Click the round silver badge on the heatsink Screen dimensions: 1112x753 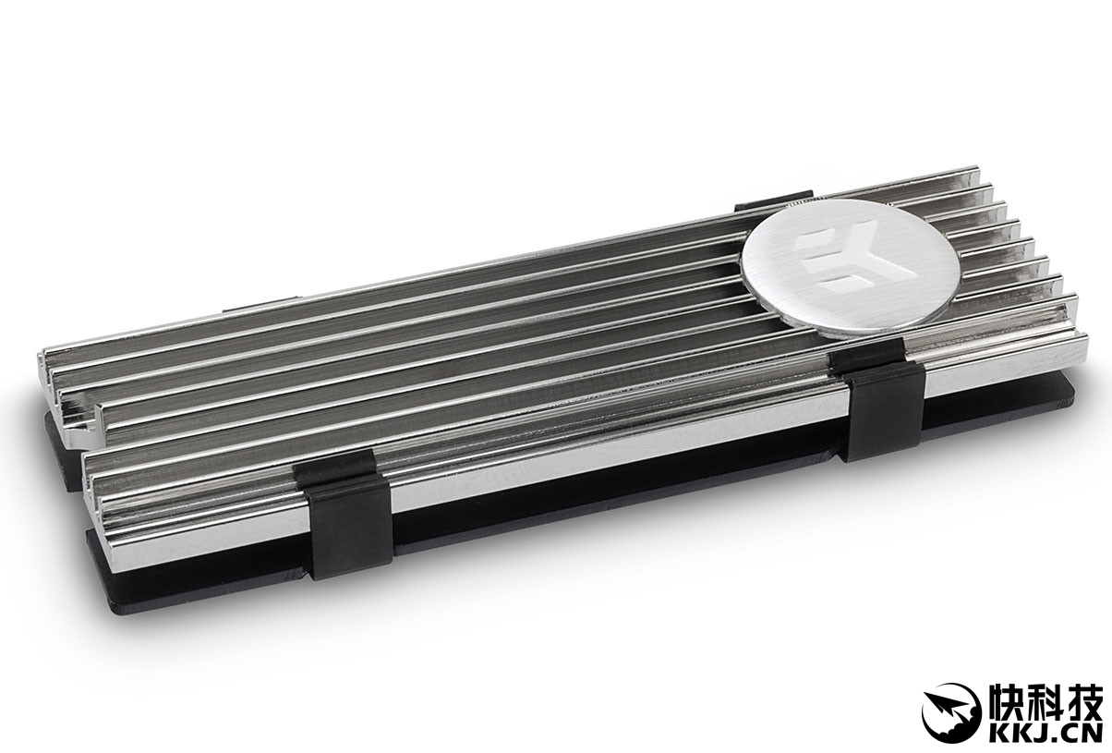(x=851, y=269)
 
